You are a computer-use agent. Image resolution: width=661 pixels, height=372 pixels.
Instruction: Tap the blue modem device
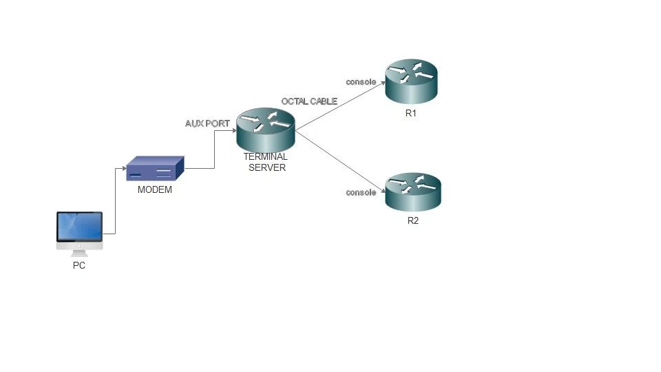coord(155,169)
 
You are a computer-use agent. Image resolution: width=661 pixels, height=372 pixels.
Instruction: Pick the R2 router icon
coord(412,192)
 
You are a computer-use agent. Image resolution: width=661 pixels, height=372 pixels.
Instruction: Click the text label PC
coord(79,265)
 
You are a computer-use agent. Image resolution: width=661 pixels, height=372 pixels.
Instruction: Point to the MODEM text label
coord(155,190)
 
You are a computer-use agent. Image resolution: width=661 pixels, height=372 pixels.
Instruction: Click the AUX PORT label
coord(207,124)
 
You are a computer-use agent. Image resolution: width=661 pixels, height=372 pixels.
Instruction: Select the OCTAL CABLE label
coord(309,101)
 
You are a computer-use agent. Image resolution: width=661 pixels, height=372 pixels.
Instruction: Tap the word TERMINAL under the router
coord(266,157)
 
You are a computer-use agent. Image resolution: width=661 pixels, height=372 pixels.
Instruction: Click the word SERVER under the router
coord(266,167)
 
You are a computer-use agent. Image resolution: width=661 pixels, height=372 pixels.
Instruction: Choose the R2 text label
coord(412,221)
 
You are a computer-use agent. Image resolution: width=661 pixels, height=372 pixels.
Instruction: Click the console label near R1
coord(361,82)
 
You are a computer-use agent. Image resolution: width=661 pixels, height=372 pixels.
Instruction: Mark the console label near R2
coord(361,192)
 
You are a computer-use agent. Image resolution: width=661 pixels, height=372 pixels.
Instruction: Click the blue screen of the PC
coord(79,226)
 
